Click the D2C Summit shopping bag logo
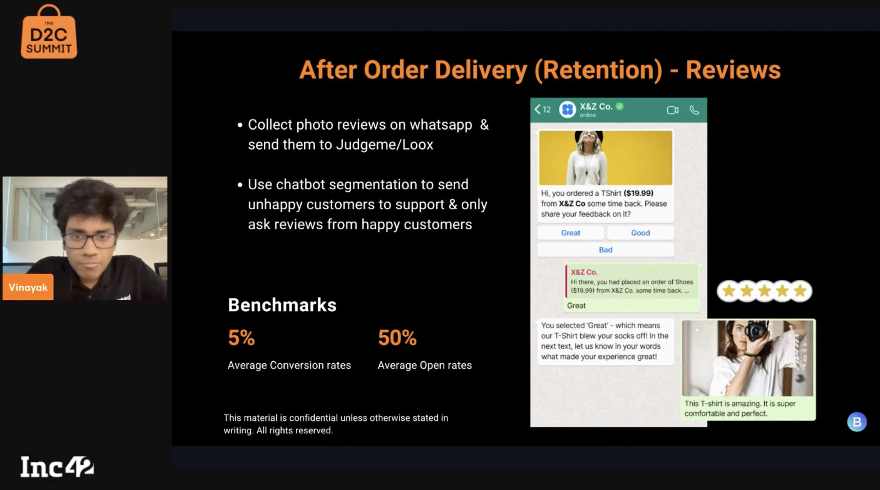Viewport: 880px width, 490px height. pos(49,32)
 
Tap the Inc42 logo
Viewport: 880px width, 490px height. pos(57,466)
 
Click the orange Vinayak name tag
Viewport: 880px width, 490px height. pos(28,287)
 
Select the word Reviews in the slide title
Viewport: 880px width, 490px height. pos(733,70)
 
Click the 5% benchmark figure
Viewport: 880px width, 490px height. pos(241,337)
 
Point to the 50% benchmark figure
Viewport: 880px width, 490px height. pos(397,337)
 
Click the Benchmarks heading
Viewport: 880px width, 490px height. pos(282,305)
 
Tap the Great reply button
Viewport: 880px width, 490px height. pos(571,233)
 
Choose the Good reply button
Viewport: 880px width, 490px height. pos(640,233)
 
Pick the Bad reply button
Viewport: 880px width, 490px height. pos(605,250)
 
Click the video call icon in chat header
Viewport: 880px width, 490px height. pos(672,110)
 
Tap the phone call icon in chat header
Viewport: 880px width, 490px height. pos(694,110)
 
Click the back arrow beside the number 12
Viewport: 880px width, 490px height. pos(537,109)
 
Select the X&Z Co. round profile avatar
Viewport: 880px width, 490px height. pos(567,109)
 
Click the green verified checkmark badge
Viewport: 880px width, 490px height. pos(619,106)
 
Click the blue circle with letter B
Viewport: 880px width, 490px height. pos(857,422)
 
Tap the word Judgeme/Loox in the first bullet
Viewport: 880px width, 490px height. pos(384,145)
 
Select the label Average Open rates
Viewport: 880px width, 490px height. pos(425,365)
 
